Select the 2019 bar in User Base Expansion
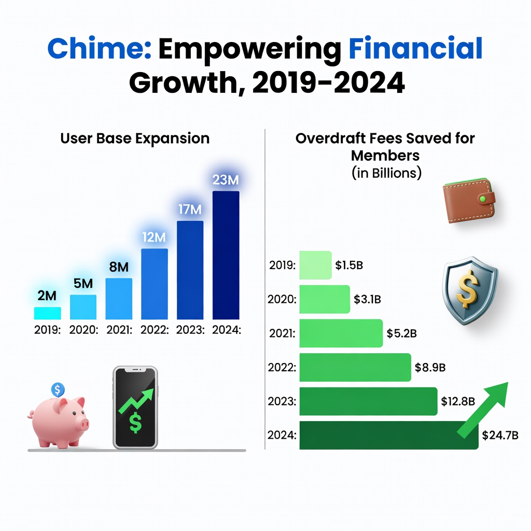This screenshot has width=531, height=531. [47, 313]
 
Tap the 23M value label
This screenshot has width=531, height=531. [226, 179]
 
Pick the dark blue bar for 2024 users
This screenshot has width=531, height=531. [226, 255]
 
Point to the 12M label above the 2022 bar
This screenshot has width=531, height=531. [154, 237]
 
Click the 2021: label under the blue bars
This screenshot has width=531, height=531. [119, 330]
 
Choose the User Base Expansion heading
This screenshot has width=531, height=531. [135, 138]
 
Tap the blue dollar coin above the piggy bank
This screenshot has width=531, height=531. [58, 389]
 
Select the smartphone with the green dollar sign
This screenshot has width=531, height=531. [135, 407]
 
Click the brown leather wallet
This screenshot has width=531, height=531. [469, 201]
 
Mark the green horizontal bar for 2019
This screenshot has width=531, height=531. [315, 265]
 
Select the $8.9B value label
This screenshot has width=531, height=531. [430, 368]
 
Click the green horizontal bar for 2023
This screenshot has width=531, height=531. [368, 401]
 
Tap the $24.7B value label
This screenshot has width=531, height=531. [500, 435]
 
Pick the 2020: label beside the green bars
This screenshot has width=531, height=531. [282, 299]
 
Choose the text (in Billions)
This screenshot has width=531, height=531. [386, 173]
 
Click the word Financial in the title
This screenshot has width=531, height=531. [416, 49]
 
